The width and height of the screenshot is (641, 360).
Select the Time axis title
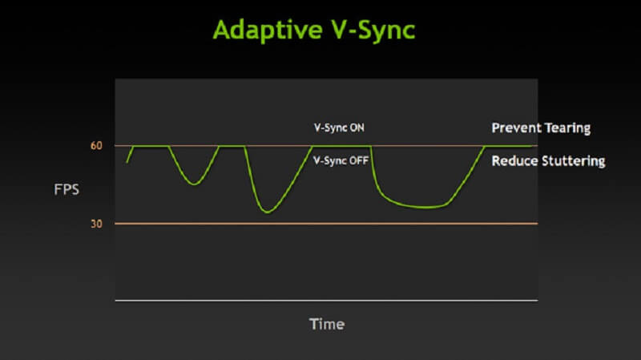[327, 324]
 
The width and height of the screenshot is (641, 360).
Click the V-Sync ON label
[339, 127]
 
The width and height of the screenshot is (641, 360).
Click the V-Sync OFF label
[341, 160]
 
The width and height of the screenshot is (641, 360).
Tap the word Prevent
[514, 127]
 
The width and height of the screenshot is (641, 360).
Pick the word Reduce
[513, 161]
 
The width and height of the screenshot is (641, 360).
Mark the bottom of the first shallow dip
[194, 184]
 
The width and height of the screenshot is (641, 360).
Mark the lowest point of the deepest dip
[267, 212]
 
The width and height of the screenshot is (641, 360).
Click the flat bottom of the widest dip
[425, 208]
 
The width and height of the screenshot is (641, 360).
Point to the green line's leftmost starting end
[127, 163]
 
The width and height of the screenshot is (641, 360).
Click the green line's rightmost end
[535, 146]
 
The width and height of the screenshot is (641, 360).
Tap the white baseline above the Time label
[327, 301]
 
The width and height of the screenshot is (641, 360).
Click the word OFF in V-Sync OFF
[359, 160]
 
